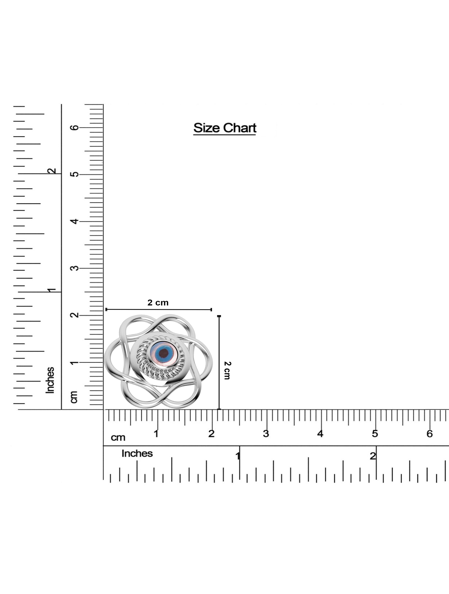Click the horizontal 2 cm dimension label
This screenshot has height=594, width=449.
coord(158,303)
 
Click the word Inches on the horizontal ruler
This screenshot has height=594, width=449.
coord(137,454)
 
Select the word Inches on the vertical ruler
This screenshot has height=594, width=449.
coord(50,380)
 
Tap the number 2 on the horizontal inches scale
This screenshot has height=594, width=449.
coord(373,456)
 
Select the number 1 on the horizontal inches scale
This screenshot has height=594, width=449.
coord(238,456)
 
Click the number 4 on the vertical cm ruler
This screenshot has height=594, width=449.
coord(75,221)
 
